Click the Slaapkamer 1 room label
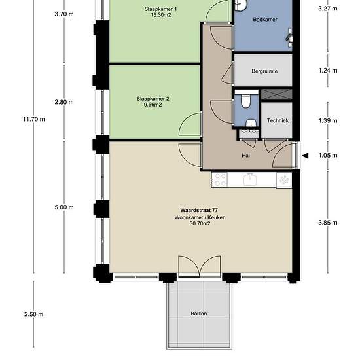[x=160, y=9]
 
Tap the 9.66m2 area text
[x=153, y=105]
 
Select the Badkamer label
[x=265, y=19]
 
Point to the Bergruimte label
[x=264, y=71]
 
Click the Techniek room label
[x=278, y=120]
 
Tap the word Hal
[x=245, y=155]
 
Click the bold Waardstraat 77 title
[x=199, y=210]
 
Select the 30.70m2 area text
[x=200, y=223]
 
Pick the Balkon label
[x=198, y=314]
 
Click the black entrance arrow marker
[x=306, y=156]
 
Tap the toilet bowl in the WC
[x=245, y=101]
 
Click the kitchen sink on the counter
[x=251, y=179]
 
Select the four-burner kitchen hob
[x=219, y=180]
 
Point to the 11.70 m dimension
[x=34, y=119]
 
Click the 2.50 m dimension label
[x=34, y=314]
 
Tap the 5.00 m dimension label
[x=64, y=207]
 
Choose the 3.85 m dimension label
[x=328, y=223]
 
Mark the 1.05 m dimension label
[x=328, y=155]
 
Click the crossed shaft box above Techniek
[x=277, y=95]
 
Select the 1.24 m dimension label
[x=328, y=71]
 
